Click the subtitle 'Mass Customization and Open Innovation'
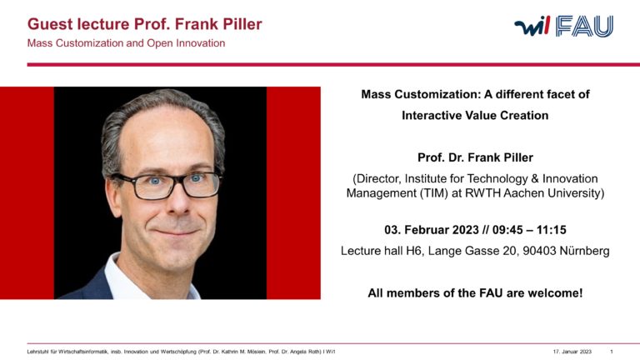126,43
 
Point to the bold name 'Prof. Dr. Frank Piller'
475,157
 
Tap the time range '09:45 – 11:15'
522,228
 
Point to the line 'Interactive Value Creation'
475,116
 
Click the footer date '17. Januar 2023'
572,351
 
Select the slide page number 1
612,351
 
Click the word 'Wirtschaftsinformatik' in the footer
86,351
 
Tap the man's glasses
166,182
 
